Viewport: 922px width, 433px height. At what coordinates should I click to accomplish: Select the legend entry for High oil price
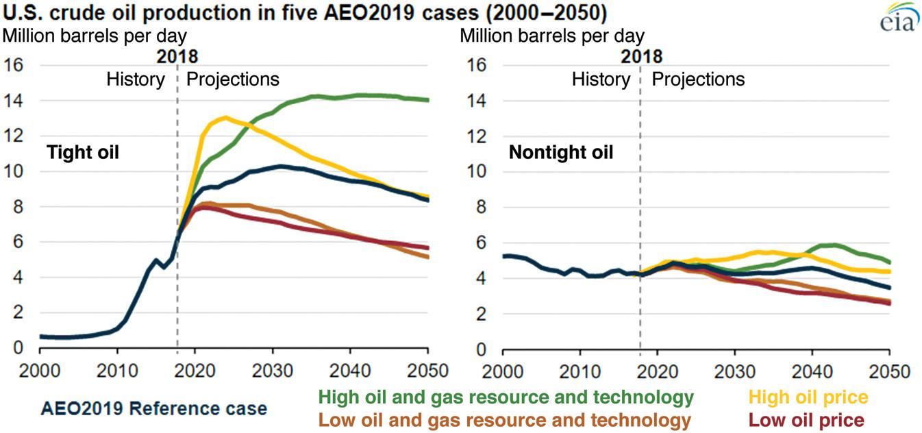[x=809, y=397]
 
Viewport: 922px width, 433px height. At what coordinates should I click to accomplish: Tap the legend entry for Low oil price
[x=806, y=419]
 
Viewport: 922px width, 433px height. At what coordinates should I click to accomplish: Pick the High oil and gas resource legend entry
[x=506, y=397]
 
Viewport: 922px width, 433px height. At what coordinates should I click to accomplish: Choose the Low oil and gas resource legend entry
[x=505, y=419]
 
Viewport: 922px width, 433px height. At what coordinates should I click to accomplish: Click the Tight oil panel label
[x=82, y=152]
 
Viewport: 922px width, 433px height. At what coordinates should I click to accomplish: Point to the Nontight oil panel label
[x=560, y=152]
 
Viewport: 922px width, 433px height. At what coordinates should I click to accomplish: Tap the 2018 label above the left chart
[x=177, y=57]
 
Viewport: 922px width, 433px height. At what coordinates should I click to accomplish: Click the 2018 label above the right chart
[x=642, y=57]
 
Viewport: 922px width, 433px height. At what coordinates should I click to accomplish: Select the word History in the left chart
[x=136, y=79]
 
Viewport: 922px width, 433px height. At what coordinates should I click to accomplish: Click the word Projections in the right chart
[x=698, y=79]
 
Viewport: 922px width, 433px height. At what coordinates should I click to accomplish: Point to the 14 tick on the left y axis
[x=15, y=101]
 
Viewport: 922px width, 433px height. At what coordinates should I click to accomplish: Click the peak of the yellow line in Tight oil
[x=225, y=117]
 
